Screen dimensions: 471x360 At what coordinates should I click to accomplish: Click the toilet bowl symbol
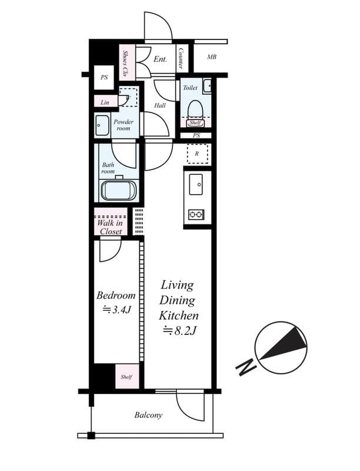click(x=195, y=108)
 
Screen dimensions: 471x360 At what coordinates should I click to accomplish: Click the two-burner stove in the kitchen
click(x=196, y=214)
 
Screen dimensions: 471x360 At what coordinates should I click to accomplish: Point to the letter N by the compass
click(x=245, y=367)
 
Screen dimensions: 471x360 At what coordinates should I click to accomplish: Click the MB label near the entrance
click(x=211, y=57)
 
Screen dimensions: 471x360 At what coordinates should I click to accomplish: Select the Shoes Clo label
click(x=126, y=62)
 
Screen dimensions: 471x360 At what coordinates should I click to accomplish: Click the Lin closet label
click(x=105, y=102)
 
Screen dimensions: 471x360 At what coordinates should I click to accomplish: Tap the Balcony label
click(x=148, y=415)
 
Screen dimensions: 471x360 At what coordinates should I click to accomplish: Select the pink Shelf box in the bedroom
click(x=127, y=377)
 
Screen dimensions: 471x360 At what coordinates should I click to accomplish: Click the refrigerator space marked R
click(x=196, y=154)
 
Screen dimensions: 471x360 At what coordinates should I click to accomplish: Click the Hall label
click(x=159, y=106)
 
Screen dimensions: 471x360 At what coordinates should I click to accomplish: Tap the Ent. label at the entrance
click(x=160, y=59)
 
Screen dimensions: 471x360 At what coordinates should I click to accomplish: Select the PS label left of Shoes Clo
click(x=104, y=77)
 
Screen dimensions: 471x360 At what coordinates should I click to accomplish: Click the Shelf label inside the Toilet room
click(x=195, y=123)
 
